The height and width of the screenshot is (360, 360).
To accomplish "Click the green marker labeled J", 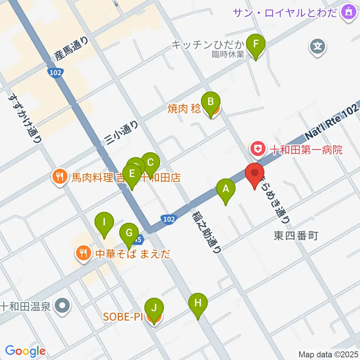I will point(154,309).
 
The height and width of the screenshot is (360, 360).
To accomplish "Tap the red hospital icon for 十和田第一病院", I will point(258,150).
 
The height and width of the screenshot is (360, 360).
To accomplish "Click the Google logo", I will point(25,351).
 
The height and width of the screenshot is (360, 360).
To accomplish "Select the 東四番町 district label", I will point(296,236).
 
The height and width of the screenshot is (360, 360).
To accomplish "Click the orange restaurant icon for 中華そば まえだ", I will point(82,253).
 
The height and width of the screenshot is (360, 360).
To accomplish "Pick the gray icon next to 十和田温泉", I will point(62,306).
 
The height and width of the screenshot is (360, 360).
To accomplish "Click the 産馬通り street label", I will point(72,48).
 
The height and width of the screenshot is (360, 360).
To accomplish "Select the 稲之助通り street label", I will point(207,231).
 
